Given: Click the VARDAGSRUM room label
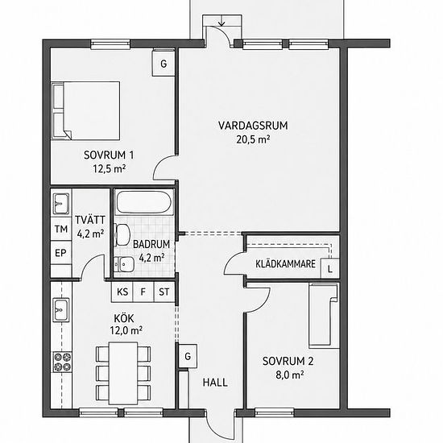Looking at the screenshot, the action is pos(253,126).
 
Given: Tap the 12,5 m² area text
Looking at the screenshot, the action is pos(110,169).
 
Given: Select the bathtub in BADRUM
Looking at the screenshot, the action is pos(144,202).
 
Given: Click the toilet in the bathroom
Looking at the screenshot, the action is pos(122,234).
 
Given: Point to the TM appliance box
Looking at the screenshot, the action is pos(61,229).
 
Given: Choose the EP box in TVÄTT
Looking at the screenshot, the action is pos(61,253).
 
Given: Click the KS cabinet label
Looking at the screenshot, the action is pos(122,292).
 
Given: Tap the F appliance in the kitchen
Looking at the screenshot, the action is pos(143,292).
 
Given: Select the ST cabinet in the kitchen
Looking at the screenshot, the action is pos(164,292).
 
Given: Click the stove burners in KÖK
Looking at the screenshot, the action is pos(63,362).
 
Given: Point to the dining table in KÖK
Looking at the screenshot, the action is pos(123,373).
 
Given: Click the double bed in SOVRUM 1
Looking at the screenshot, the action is pos(85,111).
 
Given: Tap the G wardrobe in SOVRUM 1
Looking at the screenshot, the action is pos(164,64).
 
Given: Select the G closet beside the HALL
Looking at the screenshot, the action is pos(188,356).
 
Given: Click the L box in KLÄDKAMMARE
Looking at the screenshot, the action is pos(329,269).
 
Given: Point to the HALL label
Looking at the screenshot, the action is pos(215,383).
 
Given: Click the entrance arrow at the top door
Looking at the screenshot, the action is pos(222,21).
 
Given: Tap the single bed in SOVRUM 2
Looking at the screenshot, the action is pos(324,315).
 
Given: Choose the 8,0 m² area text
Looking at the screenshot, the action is pos(290,375).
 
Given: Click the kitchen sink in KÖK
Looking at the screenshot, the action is pos(61,309).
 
